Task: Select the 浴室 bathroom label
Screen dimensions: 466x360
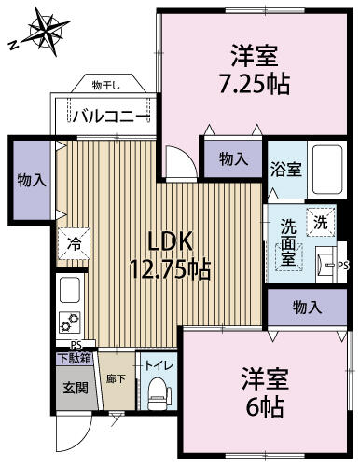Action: (x=286, y=169)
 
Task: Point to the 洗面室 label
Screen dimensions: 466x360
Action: (x=289, y=240)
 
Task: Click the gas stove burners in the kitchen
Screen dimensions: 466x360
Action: (x=70, y=323)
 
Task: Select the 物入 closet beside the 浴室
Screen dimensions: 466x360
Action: (x=233, y=158)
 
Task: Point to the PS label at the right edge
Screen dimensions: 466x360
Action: (x=343, y=264)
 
